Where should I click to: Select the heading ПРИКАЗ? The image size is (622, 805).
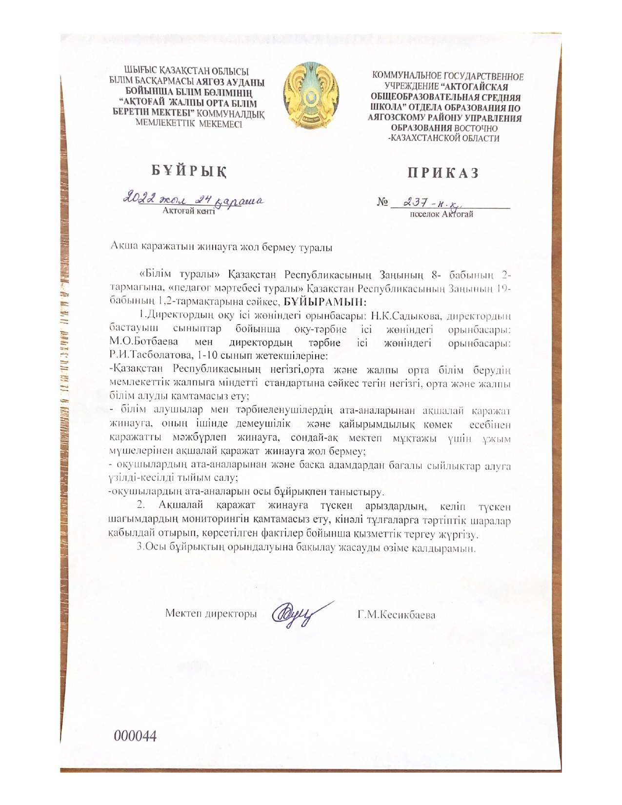tap(443, 173)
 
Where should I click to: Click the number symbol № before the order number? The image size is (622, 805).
tap(382, 202)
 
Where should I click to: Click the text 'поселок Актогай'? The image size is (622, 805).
tap(441, 214)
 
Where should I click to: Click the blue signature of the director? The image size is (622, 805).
tap(296, 613)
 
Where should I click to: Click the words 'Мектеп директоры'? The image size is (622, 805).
tap(211, 614)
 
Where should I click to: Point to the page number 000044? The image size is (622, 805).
tap(135, 736)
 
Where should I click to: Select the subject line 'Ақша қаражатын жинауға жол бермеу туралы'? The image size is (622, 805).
tap(221, 247)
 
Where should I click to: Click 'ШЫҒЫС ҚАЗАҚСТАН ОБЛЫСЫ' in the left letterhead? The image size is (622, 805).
tap(186, 72)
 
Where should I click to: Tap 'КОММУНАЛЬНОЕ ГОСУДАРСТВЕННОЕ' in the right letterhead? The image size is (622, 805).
tap(447, 77)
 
